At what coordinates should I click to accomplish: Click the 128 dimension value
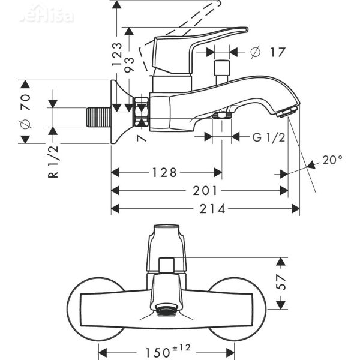[164, 173]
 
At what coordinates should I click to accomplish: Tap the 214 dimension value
[212, 208]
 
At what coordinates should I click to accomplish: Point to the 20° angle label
[332, 160]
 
